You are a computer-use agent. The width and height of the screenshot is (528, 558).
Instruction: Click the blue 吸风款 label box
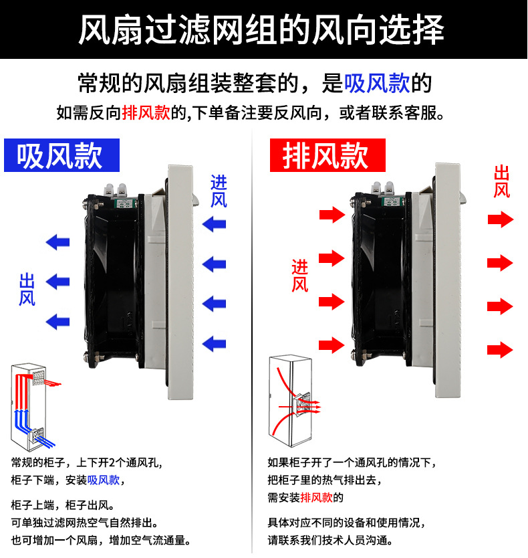click(61, 155)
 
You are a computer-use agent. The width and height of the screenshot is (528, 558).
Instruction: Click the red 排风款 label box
click(327, 155)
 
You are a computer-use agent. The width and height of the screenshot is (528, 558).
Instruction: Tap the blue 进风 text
click(219, 191)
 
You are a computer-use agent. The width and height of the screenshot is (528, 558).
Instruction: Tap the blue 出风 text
click(27, 289)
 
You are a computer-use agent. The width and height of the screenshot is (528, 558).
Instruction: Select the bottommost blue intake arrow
click(215, 344)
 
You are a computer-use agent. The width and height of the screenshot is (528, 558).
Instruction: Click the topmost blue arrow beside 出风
click(57, 242)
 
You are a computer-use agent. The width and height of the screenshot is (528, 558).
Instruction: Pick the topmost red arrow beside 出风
click(500, 219)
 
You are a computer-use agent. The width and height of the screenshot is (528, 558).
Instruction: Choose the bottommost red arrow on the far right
click(500, 349)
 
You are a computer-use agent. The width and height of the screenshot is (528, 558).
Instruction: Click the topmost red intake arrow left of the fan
click(330, 215)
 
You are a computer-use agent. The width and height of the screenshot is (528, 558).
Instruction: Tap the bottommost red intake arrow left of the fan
click(330, 345)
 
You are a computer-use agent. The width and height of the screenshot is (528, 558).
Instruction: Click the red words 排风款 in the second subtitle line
click(146, 113)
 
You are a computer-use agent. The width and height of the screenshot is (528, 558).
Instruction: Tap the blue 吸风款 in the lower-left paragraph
click(104, 480)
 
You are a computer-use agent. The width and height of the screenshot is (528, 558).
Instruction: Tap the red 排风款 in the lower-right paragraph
click(317, 497)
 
